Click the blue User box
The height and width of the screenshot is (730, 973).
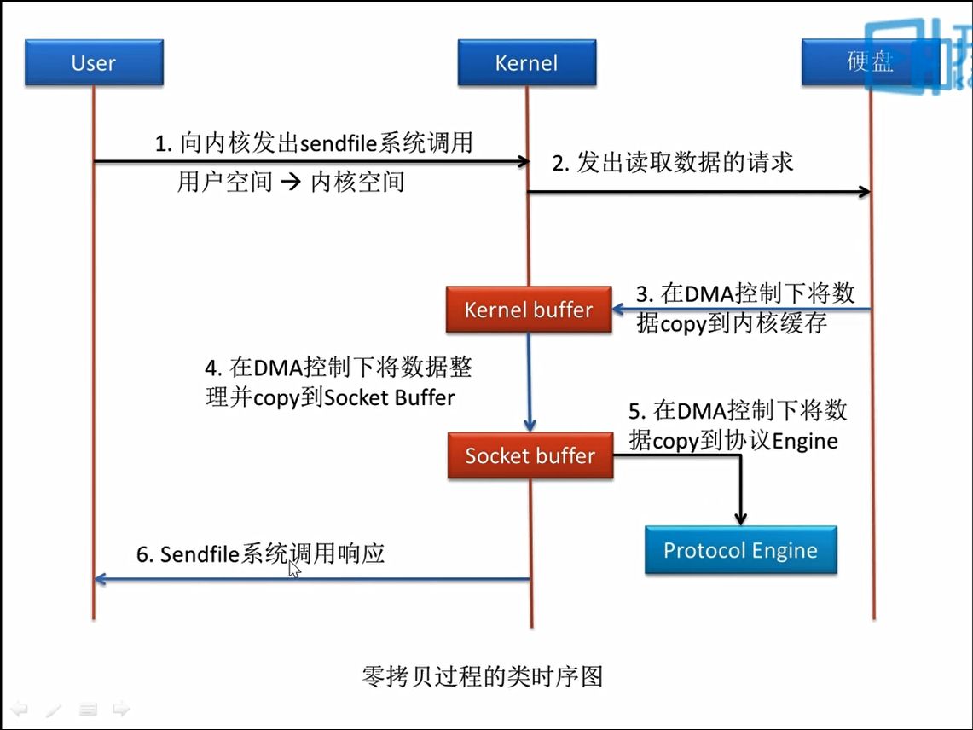coord(94,63)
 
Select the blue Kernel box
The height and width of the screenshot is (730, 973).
coord(526,63)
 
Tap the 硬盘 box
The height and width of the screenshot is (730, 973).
coord(870,63)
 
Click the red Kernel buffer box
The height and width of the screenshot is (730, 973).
coord(529,310)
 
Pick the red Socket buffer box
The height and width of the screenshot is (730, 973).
coord(530,455)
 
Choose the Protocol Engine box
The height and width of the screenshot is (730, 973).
coord(740,550)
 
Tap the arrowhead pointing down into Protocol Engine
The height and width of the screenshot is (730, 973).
coord(740,518)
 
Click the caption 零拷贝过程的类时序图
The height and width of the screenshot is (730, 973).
coord(483,677)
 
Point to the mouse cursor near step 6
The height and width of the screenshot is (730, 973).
coord(293,568)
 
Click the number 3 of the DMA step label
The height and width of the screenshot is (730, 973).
coord(643,295)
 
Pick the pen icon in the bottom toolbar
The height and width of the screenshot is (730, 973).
coord(53,710)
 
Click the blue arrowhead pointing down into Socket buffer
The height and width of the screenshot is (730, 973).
coord(530,424)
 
